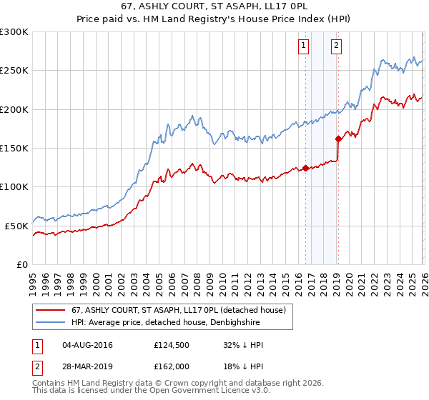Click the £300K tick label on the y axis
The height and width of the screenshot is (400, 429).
coord(14,32)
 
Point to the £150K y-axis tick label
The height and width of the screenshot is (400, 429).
coord(14,148)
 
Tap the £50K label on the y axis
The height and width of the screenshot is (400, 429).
coord(17,226)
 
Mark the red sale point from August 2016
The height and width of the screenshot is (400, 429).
coord(305,169)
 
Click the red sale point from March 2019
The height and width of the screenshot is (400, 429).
coord(338,139)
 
